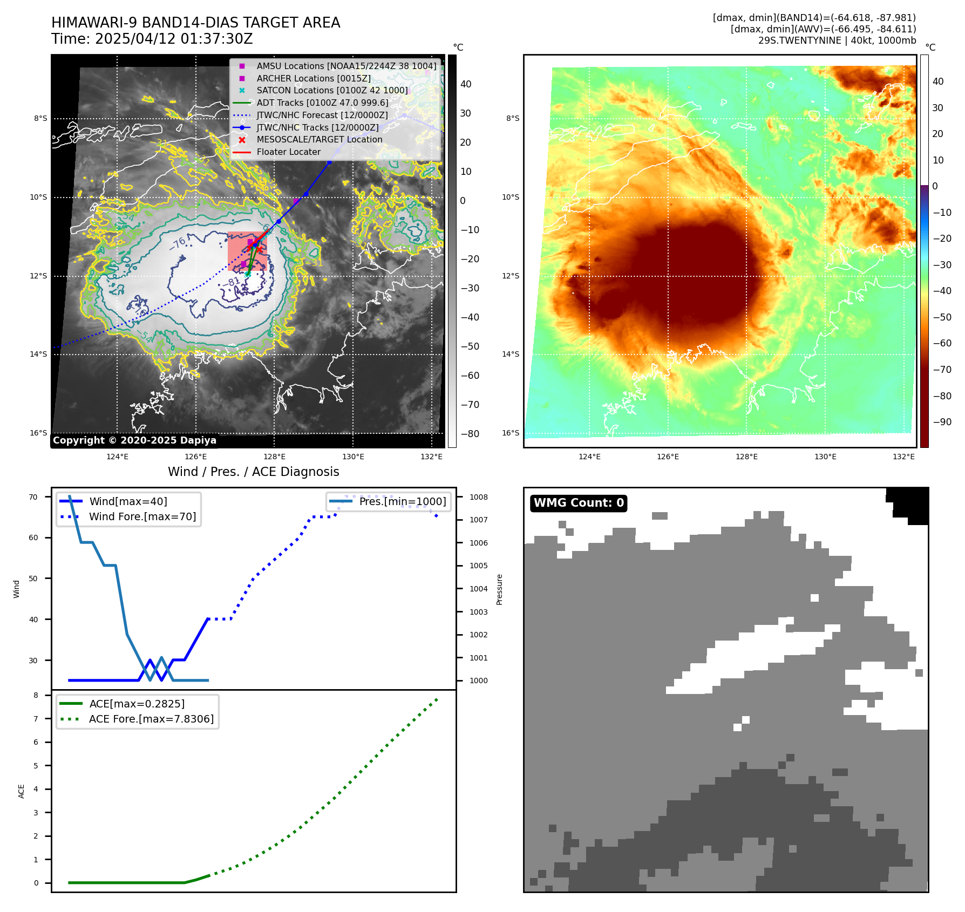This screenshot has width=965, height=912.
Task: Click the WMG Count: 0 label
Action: pos(579,503)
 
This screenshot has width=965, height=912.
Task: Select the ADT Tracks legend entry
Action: pos(322,103)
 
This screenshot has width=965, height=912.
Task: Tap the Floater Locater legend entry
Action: pos(288,152)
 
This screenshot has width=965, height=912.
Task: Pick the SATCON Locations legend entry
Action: pos(332,90)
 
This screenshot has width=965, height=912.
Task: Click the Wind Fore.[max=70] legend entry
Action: pos(142,516)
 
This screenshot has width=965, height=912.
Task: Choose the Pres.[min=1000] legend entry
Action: pos(403,501)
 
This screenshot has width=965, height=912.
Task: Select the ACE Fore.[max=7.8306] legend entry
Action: pos(151,719)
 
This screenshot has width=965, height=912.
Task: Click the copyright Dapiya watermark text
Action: pos(134,440)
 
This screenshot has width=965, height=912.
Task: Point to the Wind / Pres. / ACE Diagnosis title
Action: pos(254,472)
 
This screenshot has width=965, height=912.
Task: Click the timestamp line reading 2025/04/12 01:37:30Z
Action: pos(152,39)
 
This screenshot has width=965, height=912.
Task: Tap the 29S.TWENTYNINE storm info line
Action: pos(837,40)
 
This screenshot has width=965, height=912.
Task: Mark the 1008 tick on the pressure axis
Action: pos(478,497)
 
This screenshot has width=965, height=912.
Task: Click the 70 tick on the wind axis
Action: pos(33,497)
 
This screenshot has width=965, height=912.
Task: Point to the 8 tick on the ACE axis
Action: pos(36,695)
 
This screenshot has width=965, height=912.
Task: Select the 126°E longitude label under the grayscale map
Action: pos(196,457)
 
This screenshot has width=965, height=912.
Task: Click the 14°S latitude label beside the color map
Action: pos(511,354)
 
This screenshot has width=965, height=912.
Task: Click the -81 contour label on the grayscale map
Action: pos(233,282)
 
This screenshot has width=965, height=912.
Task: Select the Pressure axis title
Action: pos(499,589)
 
